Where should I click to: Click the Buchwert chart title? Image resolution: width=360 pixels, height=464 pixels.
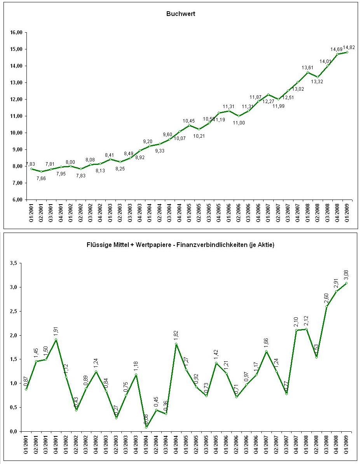181,14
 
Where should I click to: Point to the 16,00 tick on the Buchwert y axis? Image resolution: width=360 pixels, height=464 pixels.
17,33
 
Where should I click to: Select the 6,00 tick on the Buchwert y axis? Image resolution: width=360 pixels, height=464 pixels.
17,200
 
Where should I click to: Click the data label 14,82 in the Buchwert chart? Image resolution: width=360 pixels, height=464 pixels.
349,47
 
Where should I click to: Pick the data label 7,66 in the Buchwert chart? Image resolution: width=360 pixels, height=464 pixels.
42,178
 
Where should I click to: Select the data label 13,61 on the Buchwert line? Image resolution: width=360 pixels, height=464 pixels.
308,68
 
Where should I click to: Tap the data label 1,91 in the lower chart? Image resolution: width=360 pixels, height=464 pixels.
56,331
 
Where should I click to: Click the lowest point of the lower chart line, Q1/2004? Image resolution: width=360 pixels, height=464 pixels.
147,427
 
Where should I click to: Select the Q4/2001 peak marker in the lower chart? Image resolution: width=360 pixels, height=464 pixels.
56,340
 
